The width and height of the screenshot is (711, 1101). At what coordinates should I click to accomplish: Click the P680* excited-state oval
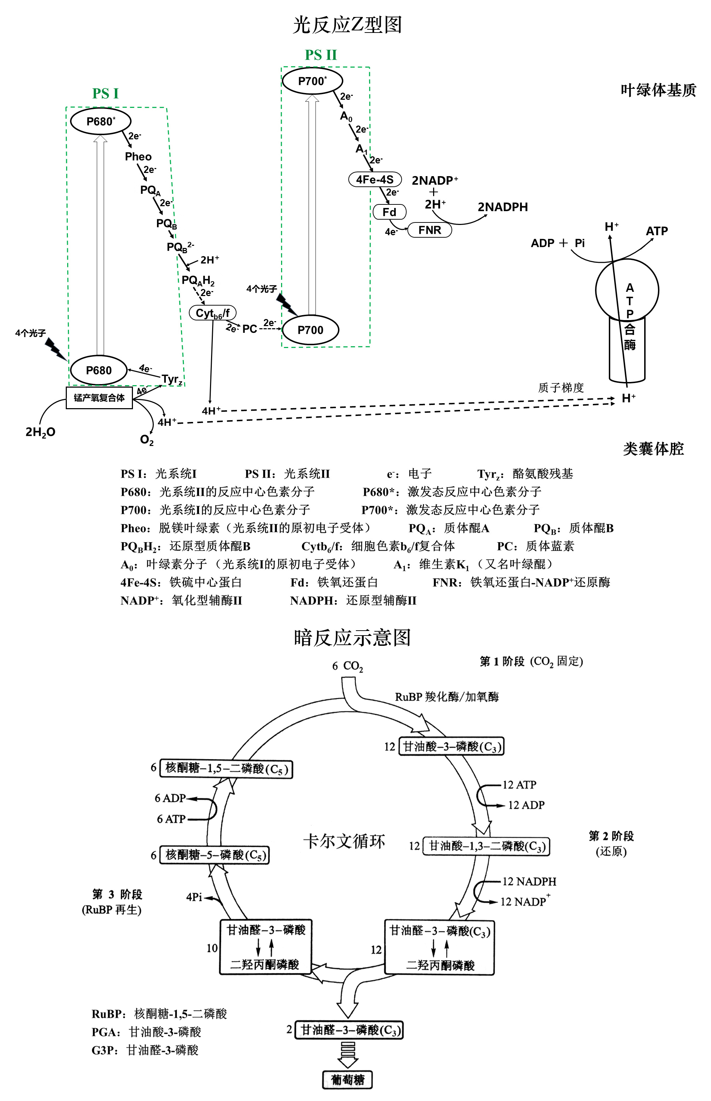tap(101, 121)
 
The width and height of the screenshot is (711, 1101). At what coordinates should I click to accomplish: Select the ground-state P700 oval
tap(310, 330)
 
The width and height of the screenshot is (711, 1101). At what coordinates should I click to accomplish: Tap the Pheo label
tap(138, 157)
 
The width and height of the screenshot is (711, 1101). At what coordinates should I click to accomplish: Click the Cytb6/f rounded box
tap(213, 313)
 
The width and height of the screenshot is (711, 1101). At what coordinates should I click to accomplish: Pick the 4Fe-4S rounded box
tap(375, 179)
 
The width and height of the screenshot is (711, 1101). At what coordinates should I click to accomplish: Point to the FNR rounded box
tap(429, 230)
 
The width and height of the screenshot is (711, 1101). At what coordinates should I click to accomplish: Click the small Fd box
tap(390, 212)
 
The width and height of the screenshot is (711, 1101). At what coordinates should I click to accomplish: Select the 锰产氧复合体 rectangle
tap(99, 398)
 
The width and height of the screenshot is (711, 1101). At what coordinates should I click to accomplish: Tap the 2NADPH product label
tap(503, 207)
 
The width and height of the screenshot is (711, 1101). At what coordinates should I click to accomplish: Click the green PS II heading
tap(321, 55)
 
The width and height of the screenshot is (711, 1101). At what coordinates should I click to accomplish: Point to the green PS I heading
tap(105, 93)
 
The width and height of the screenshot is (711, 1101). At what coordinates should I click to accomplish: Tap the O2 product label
tap(147, 440)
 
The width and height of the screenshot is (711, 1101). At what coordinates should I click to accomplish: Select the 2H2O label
tap(41, 432)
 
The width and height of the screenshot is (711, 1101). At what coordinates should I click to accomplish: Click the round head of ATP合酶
tap(627, 290)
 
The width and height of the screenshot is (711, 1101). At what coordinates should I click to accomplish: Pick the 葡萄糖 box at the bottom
tap(347, 1079)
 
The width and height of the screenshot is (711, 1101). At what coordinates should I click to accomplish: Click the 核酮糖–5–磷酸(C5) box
tap(214, 855)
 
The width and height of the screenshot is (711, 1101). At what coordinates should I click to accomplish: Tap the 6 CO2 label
tap(348, 666)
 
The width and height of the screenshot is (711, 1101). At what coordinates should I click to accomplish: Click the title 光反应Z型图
tap(347, 24)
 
